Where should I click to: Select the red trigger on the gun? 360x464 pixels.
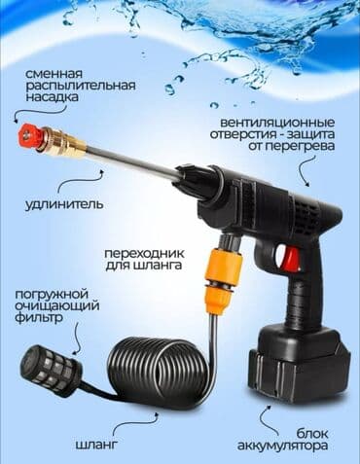click(x=290, y=259)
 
